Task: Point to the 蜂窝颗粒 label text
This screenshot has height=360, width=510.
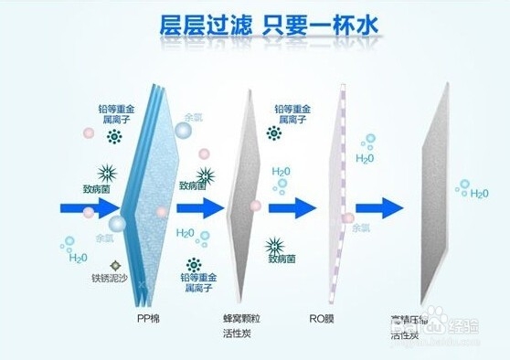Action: click(241, 319)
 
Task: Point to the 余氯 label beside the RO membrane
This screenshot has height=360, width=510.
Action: click(361, 230)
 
